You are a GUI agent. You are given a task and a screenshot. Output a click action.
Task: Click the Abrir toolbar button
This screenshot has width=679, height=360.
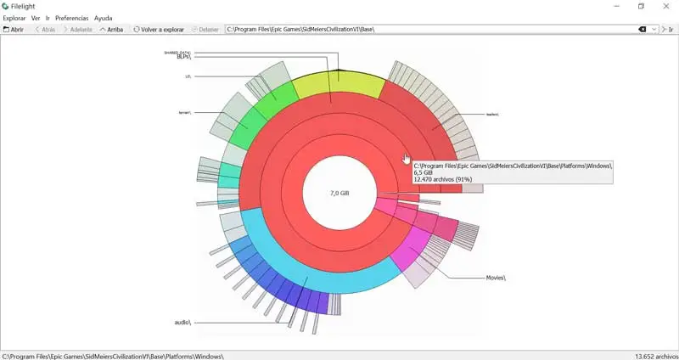[x=14, y=29]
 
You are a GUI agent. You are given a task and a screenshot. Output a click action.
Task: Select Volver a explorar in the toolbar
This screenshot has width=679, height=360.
[x=159, y=29]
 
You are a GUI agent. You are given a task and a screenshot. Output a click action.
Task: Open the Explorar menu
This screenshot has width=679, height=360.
[x=14, y=18]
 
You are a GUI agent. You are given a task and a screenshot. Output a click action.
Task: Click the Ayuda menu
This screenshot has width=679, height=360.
[x=103, y=18]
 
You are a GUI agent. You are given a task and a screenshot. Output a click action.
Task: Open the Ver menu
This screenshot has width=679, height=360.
[x=36, y=18]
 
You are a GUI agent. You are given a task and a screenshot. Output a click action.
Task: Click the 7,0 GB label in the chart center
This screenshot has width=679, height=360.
[x=339, y=194]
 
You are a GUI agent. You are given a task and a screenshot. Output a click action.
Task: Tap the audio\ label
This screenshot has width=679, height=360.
[x=182, y=323]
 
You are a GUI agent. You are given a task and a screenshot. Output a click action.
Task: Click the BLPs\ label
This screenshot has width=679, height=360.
[x=183, y=56]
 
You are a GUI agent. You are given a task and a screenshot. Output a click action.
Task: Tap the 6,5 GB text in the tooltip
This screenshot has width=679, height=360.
[x=423, y=173]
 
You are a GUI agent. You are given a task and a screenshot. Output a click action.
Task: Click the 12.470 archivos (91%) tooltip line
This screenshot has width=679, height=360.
[x=442, y=181]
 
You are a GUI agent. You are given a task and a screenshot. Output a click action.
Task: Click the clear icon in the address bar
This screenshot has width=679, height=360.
[x=643, y=29]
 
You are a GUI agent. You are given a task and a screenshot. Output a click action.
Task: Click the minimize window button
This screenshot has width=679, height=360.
[x=615, y=6]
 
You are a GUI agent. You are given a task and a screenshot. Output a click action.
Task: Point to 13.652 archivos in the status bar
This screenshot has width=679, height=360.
[x=655, y=356]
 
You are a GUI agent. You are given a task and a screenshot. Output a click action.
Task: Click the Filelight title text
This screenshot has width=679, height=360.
[x=23, y=6]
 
